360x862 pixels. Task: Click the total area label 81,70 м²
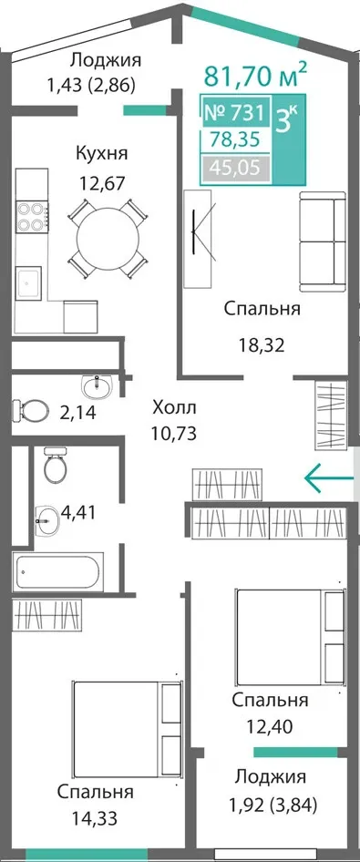tap(255, 76)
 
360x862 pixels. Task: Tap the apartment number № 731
tap(235, 113)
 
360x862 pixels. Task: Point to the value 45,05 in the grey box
tap(236, 167)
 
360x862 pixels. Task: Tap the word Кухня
tap(101, 153)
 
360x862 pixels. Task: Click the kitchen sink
tap(28, 283)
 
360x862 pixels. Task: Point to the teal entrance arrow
tap(329, 478)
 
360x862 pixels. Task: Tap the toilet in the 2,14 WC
tap(30, 409)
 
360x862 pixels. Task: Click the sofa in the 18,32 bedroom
tap(322, 241)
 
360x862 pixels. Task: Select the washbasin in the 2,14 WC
tap(98, 386)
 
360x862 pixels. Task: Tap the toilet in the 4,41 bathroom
tap(55, 465)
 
